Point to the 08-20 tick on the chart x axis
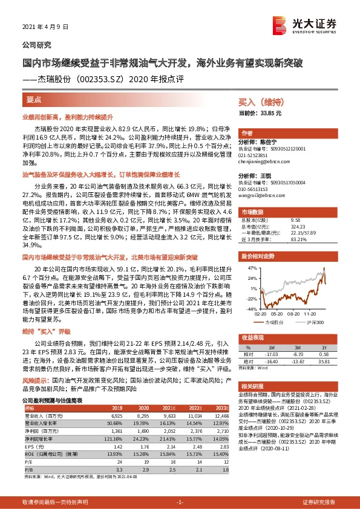click(290, 314)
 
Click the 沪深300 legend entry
click(312, 323)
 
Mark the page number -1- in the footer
click(179, 502)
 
